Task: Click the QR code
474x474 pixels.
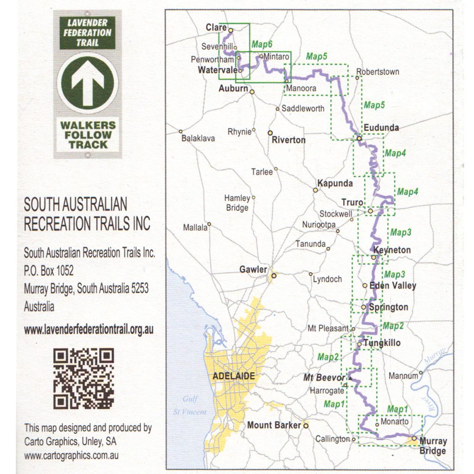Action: point(83,378)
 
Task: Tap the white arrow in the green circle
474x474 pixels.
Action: point(87,83)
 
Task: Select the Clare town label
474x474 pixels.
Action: point(216,28)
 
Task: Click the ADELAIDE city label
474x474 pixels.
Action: point(233,376)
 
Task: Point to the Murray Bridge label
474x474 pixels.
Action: point(432,446)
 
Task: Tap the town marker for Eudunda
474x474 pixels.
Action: point(359,137)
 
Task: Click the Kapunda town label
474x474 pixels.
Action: point(335,184)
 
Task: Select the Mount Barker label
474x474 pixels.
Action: point(274,425)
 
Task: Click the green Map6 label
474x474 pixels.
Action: point(262,44)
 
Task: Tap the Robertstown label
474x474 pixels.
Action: point(377,72)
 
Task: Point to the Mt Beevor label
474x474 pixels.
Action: point(324,378)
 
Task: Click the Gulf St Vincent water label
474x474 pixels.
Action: point(190,405)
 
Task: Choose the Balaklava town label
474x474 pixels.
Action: point(198,138)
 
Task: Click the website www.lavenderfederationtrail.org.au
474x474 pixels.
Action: point(88,330)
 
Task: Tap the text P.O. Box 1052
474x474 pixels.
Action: point(49,270)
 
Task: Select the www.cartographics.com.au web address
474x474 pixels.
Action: point(71,455)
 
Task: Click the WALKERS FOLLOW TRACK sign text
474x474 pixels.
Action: point(87,134)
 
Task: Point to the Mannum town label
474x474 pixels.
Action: point(403,376)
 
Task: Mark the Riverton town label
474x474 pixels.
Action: point(288,140)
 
